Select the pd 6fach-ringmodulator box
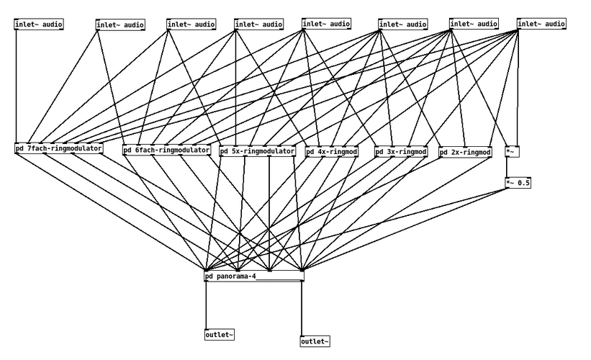167,150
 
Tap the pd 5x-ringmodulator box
258,151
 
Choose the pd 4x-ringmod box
331,152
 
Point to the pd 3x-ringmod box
401,152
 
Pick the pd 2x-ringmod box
465,153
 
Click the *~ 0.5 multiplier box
518,183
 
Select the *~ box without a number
511,152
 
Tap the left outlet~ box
220,334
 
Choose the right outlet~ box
315,341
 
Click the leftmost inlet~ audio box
39,24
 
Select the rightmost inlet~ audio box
541,24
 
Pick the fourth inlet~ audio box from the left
258,24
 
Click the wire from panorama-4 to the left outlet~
206,305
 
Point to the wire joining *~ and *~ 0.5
507,168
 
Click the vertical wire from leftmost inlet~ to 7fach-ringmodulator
16,86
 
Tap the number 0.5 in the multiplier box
523,183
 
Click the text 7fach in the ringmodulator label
38,149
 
